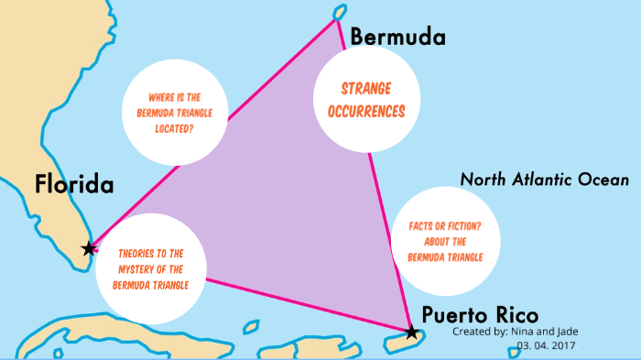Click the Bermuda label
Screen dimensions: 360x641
coord(397,38)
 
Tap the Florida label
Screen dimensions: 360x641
coord(75,184)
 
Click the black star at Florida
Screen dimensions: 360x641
coord(88,248)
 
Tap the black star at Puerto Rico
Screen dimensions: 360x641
coord(411,332)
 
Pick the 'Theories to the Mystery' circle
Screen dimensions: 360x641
coord(153,267)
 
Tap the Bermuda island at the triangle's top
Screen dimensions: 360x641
coord(338,12)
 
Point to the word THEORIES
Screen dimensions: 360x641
coord(137,253)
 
